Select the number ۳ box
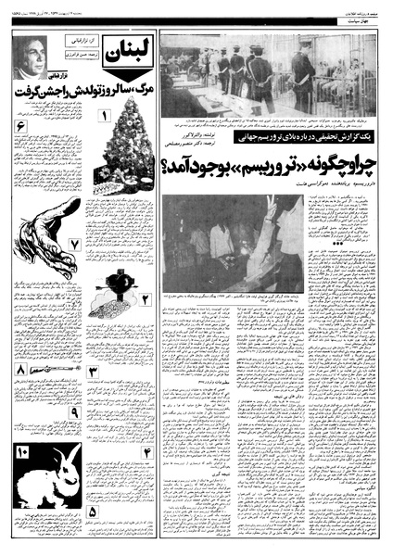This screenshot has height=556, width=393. (93, 373)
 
